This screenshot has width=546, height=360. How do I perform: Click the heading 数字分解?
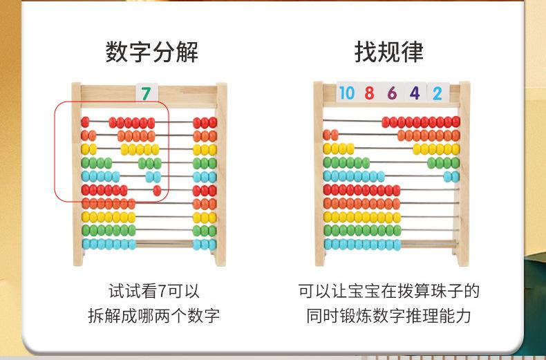coord(151,52)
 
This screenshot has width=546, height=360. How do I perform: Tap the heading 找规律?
coord(389,52)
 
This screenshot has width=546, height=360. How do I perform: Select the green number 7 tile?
coord(146,93)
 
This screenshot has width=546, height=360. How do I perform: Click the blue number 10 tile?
coord(346,93)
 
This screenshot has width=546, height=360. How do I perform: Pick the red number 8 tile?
coord(369,93)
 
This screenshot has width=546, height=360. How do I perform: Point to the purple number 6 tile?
coord(392,93)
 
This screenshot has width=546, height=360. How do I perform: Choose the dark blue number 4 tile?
coord(415,93)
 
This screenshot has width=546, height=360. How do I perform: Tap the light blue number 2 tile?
coord(437,93)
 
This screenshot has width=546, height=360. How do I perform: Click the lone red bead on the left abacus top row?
coord(85,122)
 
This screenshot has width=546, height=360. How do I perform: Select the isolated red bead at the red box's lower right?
coord(157,190)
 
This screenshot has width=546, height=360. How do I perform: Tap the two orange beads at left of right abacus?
coord(330,135)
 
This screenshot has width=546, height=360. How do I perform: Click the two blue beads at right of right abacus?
coord(451,176)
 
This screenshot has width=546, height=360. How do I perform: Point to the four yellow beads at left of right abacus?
coord(338,149)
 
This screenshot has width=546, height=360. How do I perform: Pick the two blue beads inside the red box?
coord(153,176)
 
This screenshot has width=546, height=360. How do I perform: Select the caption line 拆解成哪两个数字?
coord(153,316)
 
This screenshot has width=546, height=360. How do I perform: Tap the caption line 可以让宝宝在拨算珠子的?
coord(388,291)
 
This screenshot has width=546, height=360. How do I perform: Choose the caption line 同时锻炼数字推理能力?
coord(388,316)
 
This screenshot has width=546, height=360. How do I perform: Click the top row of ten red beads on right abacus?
coord(421,122)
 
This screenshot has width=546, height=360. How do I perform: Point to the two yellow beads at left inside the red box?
coord(88,149)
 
